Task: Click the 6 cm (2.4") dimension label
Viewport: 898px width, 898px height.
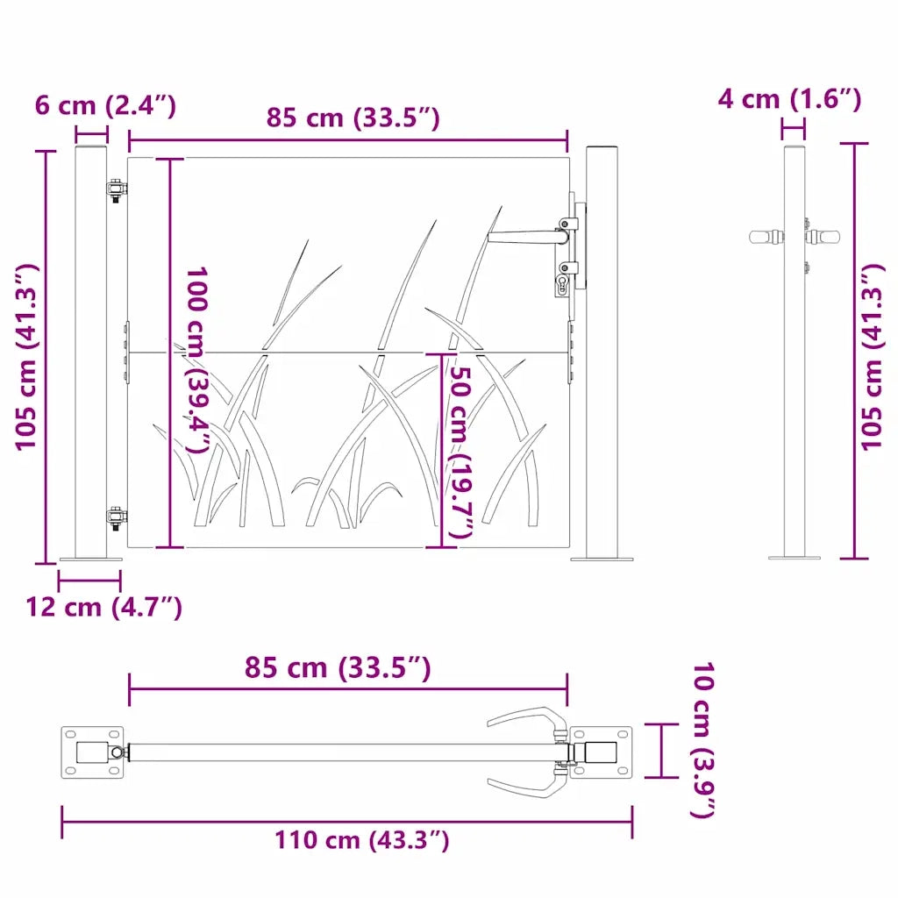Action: [x=105, y=106]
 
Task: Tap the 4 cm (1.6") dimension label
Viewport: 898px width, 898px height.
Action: [x=789, y=99]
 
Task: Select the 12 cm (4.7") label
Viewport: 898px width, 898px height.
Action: [x=103, y=607]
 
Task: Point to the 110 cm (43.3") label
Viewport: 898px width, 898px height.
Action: [x=362, y=840]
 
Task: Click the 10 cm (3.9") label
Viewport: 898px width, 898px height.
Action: [x=703, y=740]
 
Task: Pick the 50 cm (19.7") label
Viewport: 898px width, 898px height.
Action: [x=461, y=452]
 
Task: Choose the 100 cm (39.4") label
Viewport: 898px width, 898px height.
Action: [x=197, y=360]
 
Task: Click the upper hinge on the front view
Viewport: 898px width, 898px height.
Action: [x=117, y=190]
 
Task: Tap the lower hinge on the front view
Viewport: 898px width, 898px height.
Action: [x=117, y=519]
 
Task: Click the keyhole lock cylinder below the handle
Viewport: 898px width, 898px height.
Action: [x=560, y=285]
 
